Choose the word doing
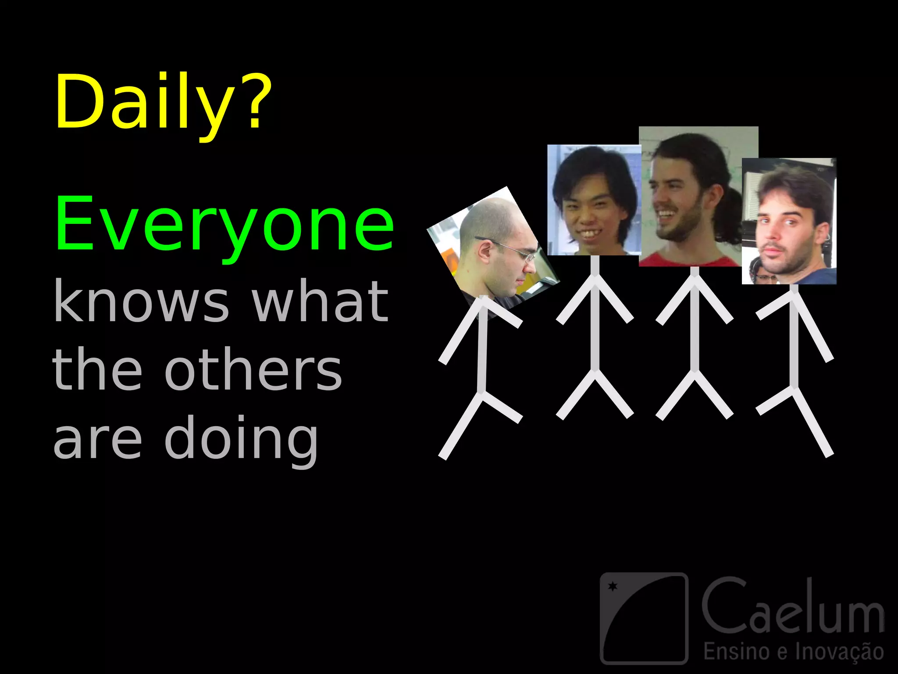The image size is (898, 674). pos(241,439)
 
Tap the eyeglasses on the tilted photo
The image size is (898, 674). pos(513,250)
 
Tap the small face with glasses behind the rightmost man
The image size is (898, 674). pos(763,276)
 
